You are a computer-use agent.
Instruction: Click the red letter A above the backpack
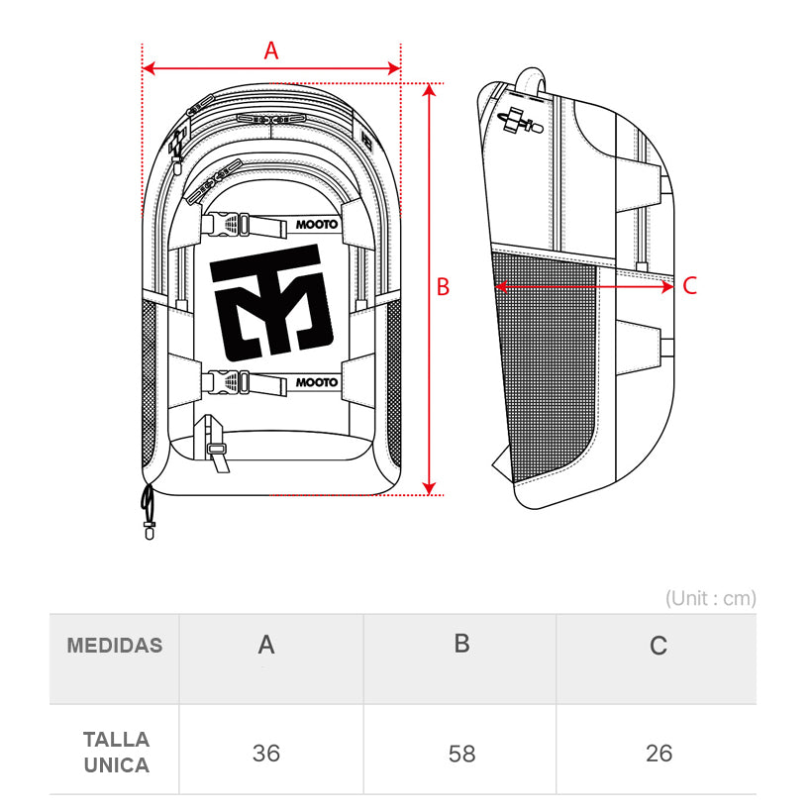click(270, 51)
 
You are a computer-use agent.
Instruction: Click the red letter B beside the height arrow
click(444, 287)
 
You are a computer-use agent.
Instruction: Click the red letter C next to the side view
click(690, 286)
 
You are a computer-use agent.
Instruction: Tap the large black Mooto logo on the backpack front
click(272, 309)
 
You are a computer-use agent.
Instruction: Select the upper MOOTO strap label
click(317, 225)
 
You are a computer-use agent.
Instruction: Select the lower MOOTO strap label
click(317, 382)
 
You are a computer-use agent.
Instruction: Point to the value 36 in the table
click(266, 754)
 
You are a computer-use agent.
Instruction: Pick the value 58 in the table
click(461, 754)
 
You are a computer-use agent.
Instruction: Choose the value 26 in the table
click(659, 754)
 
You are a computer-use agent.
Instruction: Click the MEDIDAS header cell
click(115, 646)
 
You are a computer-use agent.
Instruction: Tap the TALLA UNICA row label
click(116, 753)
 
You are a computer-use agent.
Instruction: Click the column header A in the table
click(266, 646)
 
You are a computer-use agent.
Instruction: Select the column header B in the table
click(461, 644)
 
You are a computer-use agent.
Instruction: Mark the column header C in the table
click(659, 647)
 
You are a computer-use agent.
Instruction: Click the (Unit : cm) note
click(710, 598)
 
